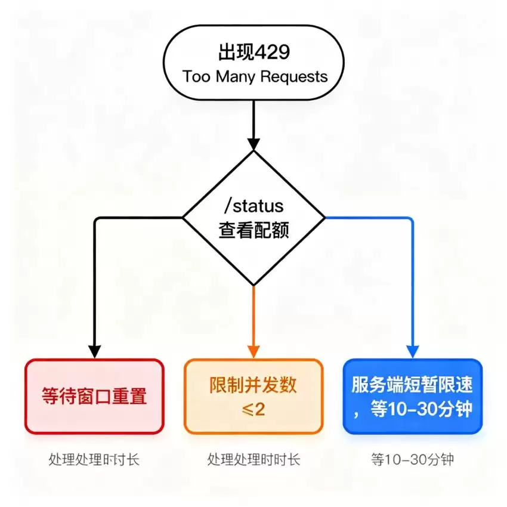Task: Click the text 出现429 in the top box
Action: (x=254, y=52)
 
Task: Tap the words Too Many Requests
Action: (x=255, y=77)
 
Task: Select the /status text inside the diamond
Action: (x=254, y=206)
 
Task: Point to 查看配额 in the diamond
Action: (x=254, y=230)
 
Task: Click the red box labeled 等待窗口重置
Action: (x=94, y=396)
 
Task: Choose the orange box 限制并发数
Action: (x=253, y=396)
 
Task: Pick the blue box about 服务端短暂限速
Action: (x=413, y=396)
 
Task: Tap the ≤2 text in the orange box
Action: (x=253, y=409)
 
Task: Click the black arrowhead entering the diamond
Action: (x=254, y=144)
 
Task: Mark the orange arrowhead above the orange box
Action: (x=253, y=352)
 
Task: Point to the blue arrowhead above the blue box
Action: (x=413, y=352)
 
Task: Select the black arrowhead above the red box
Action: (x=94, y=352)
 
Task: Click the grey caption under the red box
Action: (x=94, y=459)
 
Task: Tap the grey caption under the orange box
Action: (x=254, y=459)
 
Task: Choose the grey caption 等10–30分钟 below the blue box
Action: (x=413, y=459)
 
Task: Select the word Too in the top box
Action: (x=197, y=76)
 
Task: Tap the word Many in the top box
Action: (x=236, y=78)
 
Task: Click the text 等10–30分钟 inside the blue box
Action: (x=421, y=409)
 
